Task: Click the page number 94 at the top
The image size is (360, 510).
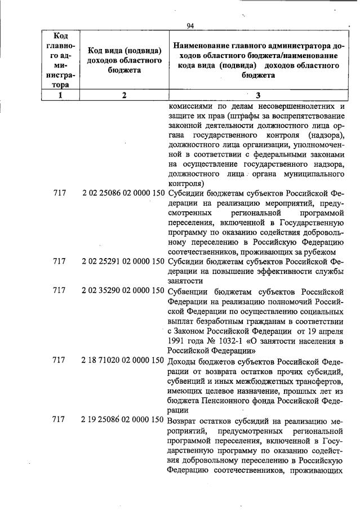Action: point(190,25)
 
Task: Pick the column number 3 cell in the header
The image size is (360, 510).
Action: point(258,95)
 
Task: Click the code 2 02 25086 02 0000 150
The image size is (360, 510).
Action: point(123,193)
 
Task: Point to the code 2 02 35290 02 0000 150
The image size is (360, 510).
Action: point(123,291)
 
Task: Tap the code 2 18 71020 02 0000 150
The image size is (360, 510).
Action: point(123,360)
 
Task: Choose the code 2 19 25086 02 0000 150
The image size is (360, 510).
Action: point(123,420)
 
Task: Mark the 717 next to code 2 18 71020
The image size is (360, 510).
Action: point(59,360)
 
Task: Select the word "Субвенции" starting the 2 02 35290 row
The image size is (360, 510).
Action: point(189,291)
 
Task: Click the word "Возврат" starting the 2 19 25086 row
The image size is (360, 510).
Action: point(185,420)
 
